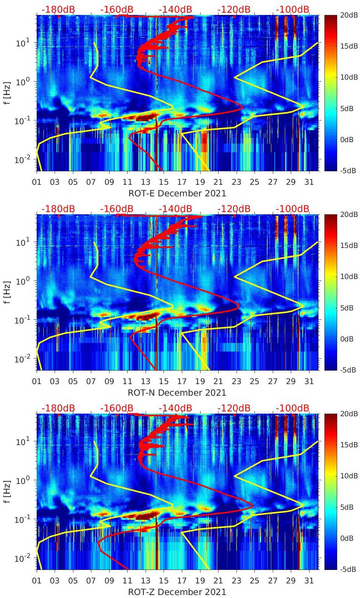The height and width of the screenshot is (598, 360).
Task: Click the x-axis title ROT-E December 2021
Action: coord(177,193)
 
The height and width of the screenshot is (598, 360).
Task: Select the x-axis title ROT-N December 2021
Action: coord(177,393)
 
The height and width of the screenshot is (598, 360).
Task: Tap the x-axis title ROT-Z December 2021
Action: coord(177,592)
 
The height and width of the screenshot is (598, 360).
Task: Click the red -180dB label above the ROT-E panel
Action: coord(58,9)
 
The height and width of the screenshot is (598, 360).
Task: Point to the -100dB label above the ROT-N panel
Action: coord(293,209)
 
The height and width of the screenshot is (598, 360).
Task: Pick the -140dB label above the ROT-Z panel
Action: coord(175,408)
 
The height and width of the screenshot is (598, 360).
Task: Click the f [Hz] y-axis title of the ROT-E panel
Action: coord(7,93)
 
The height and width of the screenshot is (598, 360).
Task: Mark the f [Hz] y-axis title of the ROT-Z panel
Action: coord(7,492)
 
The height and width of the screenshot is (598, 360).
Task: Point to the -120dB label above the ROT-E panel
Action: coord(234,9)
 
